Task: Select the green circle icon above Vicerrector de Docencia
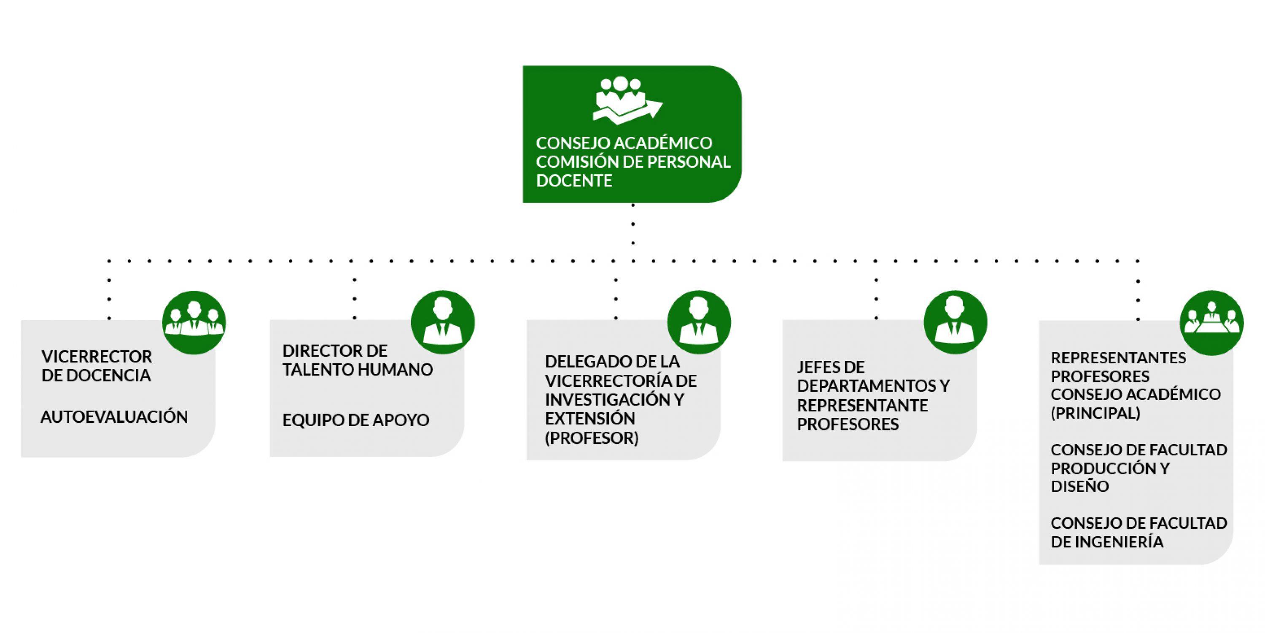(x=194, y=322)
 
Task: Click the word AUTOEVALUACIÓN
(x=114, y=417)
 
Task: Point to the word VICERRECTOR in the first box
(x=97, y=356)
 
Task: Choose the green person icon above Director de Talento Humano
(x=443, y=322)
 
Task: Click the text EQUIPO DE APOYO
(x=355, y=420)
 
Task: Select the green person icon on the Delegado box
(x=699, y=322)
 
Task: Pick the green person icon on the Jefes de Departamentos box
(x=955, y=322)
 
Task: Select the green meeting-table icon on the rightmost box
(x=1211, y=322)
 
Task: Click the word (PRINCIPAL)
(x=1095, y=413)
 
